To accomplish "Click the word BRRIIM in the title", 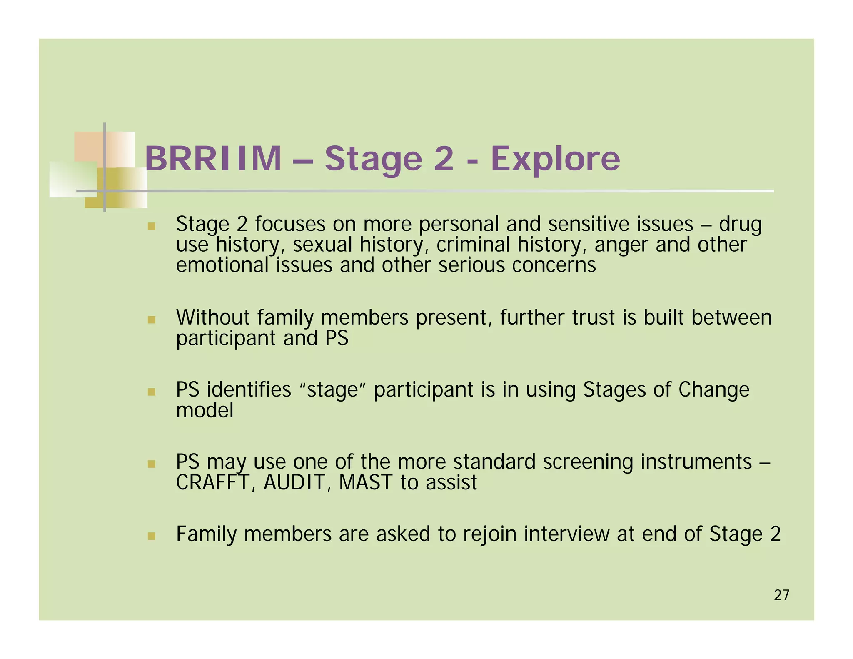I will click(x=213, y=159).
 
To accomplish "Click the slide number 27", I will click(x=781, y=595).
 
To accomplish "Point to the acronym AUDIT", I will click(x=294, y=483).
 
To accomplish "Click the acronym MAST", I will click(x=365, y=483).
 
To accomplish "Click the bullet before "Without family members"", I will click(x=152, y=320).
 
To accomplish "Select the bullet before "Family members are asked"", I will click(x=152, y=536).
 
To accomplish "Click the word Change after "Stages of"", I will click(x=713, y=390).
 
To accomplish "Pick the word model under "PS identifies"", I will click(x=205, y=411).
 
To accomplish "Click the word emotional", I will click(x=222, y=265).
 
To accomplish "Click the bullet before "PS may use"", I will click(x=152, y=464).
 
